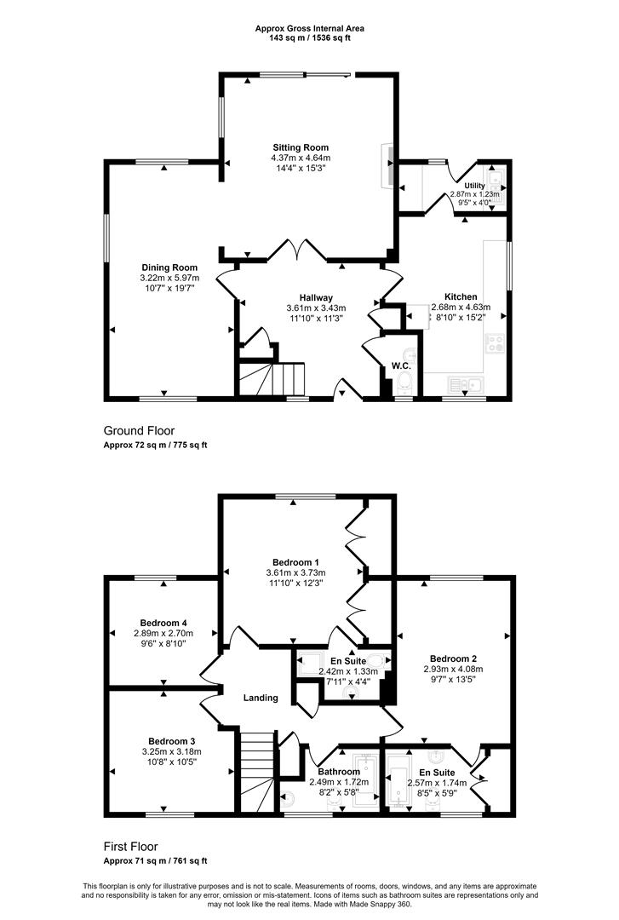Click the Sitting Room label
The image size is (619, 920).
[x=301, y=147]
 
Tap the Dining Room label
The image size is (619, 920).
[x=169, y=267]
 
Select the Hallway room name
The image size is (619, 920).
[x=316, y=297]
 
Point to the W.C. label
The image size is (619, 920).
[x=401, y=365]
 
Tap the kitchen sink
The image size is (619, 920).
[x=467, y=384]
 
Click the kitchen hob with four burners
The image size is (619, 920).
[x=496, y=342]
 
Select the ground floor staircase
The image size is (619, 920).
[x=272, y=379]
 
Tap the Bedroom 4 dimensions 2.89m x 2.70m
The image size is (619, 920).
[x=163, y=633]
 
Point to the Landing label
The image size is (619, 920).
[x=261, y=698]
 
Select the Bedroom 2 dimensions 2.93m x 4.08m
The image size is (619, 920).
[x=454, y=669]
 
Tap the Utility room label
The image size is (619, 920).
[x=474, y=186]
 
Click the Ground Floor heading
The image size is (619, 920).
[x=139, y=431]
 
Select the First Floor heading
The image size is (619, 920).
[x=131, y=847]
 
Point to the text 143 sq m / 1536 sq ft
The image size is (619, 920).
[x=310, y=38]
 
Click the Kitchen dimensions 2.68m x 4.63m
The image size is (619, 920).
[x=461, y=307]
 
